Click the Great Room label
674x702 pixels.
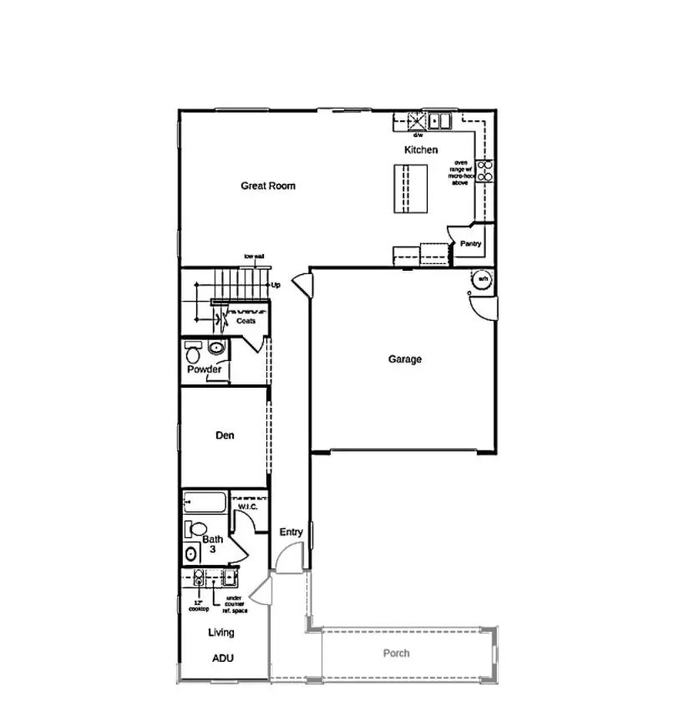(268, 186)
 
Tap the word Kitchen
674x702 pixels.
(421, 150)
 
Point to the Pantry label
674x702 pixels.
(470, 244)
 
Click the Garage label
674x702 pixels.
(405, 359)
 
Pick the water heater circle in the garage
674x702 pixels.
(482, 279)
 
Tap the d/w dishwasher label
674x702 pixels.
(418, 135)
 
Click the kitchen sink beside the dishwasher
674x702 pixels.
(439, 121)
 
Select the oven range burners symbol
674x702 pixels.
(484, 170)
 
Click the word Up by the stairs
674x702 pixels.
(276, 285)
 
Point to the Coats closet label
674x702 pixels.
(246, 321)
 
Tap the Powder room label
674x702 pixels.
(204, 369)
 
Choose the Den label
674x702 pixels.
(225, 435)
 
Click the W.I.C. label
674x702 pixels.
(248, 506)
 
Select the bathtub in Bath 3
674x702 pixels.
(205, 503)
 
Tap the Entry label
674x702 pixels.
(291, 532)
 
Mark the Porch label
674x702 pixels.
(397, 654)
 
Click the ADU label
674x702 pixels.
(222, 659)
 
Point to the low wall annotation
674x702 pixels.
(255, 256)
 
